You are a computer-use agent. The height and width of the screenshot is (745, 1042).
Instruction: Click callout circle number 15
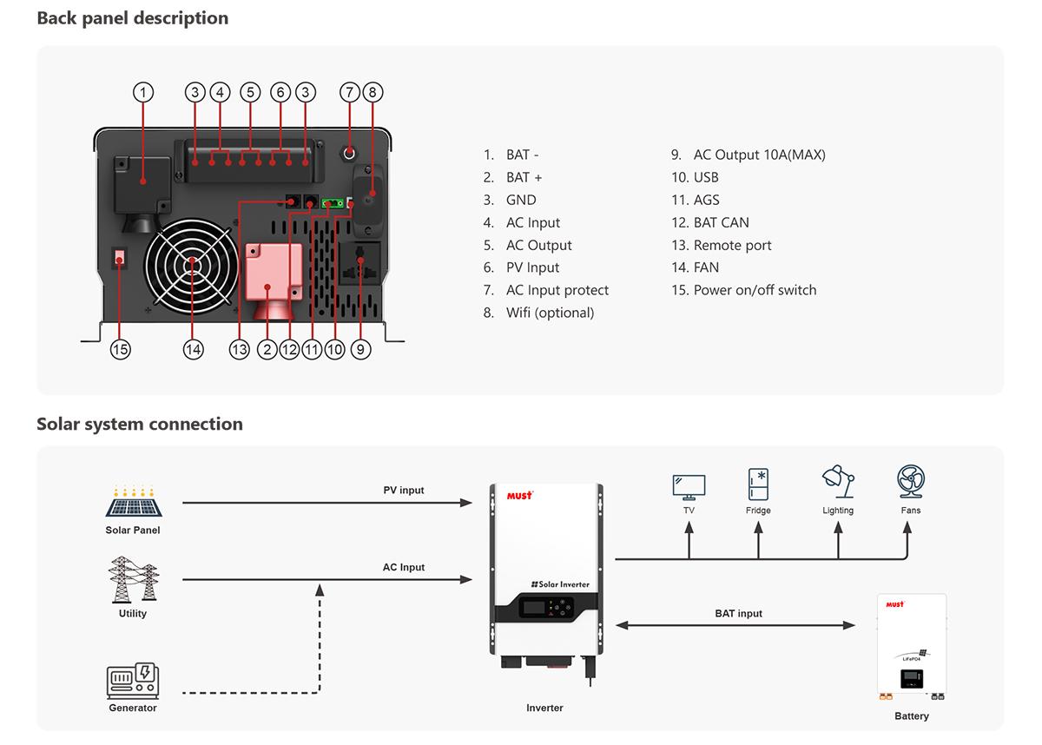click(x=120, y=349)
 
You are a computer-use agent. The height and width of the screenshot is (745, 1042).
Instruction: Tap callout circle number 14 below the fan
click(x=193, y=349)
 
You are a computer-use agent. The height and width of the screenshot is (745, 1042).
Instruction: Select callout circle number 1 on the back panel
click(x=144, y=92)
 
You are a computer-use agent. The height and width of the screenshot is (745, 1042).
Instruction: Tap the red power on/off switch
click(x=121, y=258)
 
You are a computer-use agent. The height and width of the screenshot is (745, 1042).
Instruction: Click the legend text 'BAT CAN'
click(x=721, y=222)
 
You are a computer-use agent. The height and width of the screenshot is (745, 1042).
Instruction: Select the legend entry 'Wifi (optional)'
click(x=550, y=313)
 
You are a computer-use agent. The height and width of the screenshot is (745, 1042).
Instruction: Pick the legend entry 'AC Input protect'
click(x=557, y=290)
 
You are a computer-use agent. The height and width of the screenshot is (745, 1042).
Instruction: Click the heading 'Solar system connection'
click(x=140, y=424)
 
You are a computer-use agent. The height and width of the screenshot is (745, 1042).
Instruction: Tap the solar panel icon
click(x=133, y=501)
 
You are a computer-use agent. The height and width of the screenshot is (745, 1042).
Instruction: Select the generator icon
click(x=133, y=682)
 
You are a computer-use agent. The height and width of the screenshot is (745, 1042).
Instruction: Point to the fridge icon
click(x=758, y=485)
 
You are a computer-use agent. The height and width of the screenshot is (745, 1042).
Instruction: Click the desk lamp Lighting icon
click(x=838, y=483)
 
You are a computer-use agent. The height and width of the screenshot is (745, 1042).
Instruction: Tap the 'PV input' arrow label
click(x=404, y=490)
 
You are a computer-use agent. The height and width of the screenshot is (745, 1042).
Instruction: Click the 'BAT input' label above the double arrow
click(x=738, y=613)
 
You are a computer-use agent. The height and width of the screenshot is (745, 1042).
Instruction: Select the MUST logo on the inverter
click(x=519, y=496)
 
